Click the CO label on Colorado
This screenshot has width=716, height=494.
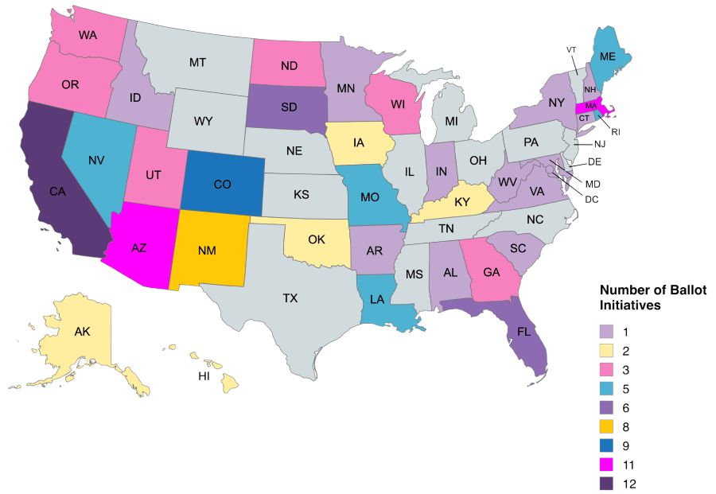click(x=223, y=185)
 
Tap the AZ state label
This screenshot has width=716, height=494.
click(x=138, y=247)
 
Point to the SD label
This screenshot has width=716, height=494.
click(x=290, y=107)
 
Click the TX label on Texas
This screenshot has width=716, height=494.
click(x=290, y=298)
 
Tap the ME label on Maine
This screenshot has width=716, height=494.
click(x=608, y=56)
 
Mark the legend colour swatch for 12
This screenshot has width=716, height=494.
click(x=606, y=483)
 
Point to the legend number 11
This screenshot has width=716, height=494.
click(x=632, y=464)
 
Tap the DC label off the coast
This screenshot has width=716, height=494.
click(x=592, y=199)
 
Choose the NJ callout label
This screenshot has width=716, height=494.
click(x=600, y=144)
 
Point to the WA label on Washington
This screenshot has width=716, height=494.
click(x=88, y=36)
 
